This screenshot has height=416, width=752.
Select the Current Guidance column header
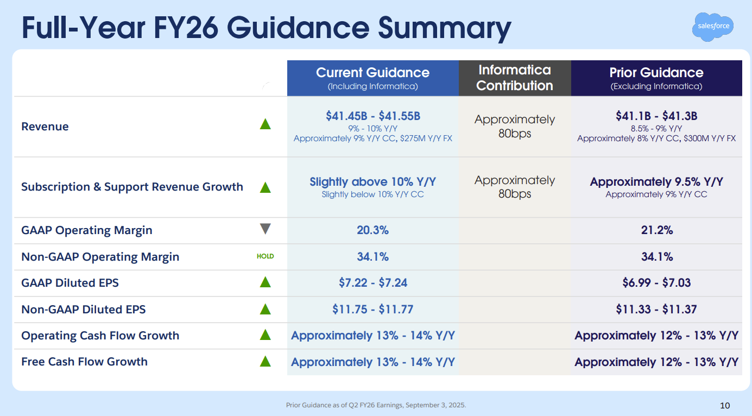pos(372,78)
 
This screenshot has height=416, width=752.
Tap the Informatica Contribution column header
pos(515,78)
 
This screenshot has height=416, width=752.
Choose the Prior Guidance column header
pos(656,78)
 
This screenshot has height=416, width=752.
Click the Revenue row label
pos(45,127)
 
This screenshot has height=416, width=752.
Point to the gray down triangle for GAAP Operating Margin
pos(265,229)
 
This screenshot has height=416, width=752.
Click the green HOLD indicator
pos(265,256)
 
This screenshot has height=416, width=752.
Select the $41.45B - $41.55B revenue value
pos(372,116)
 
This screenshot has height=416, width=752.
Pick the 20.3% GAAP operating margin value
pos(372,230)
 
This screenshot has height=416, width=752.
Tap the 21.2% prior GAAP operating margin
pos(656,230)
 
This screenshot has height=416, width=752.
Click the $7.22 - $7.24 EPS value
pos(372,283)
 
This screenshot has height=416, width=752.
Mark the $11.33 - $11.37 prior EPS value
pos(656,310)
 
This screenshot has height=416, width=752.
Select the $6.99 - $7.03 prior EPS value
pos(656,283)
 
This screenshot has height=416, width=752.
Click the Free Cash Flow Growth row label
pos(84,362)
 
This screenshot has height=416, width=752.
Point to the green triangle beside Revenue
pos(265,124)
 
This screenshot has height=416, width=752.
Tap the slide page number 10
pos(725,405)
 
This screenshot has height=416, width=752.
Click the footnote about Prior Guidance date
pos(376,405)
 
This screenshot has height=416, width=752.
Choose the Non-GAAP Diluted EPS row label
pos(84,310)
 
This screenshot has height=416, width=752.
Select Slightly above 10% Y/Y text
pos(372,181)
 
